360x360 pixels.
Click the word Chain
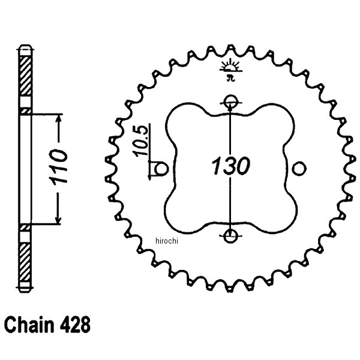[x=30, y=327]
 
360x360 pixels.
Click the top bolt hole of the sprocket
[x=231, y=101]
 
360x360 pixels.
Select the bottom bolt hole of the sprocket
[x=231, y=235]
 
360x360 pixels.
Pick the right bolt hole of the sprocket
[x=299, y=169]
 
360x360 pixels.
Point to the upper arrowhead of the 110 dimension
[x=58, y=120]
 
